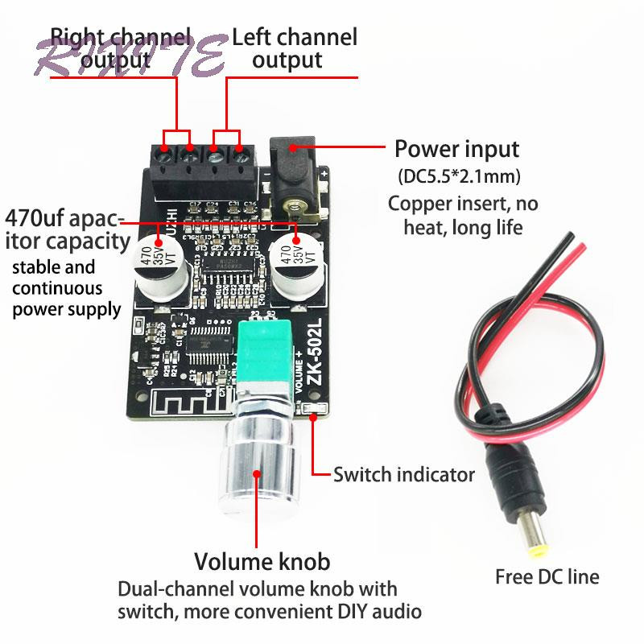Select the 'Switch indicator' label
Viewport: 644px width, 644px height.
point(404,474)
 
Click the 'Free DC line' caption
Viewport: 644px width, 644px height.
point(547,576)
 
